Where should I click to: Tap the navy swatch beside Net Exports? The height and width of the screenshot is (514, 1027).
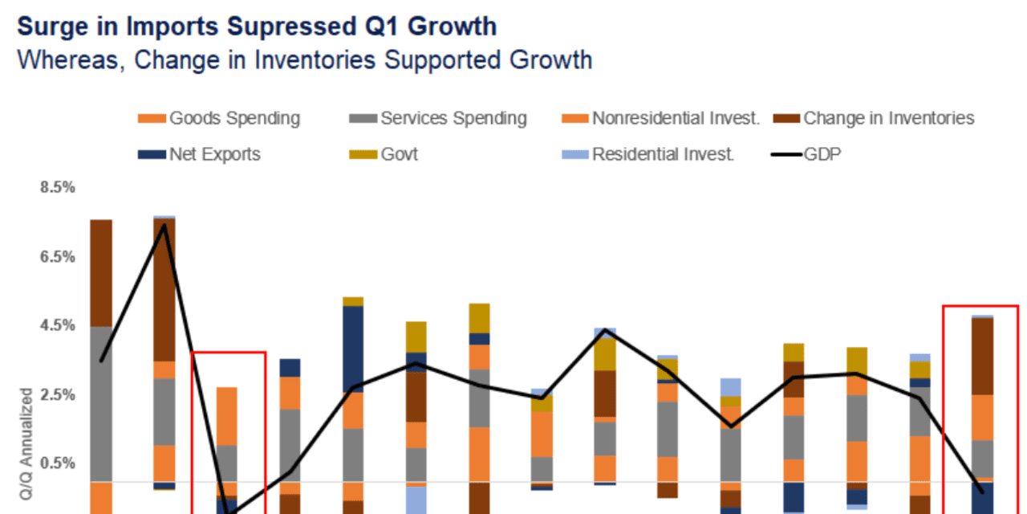point(152,154)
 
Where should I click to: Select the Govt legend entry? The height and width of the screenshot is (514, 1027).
point(399,154)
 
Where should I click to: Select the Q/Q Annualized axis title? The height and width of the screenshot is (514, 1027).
point(26,450)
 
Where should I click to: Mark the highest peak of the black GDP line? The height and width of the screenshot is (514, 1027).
point(164,225)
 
